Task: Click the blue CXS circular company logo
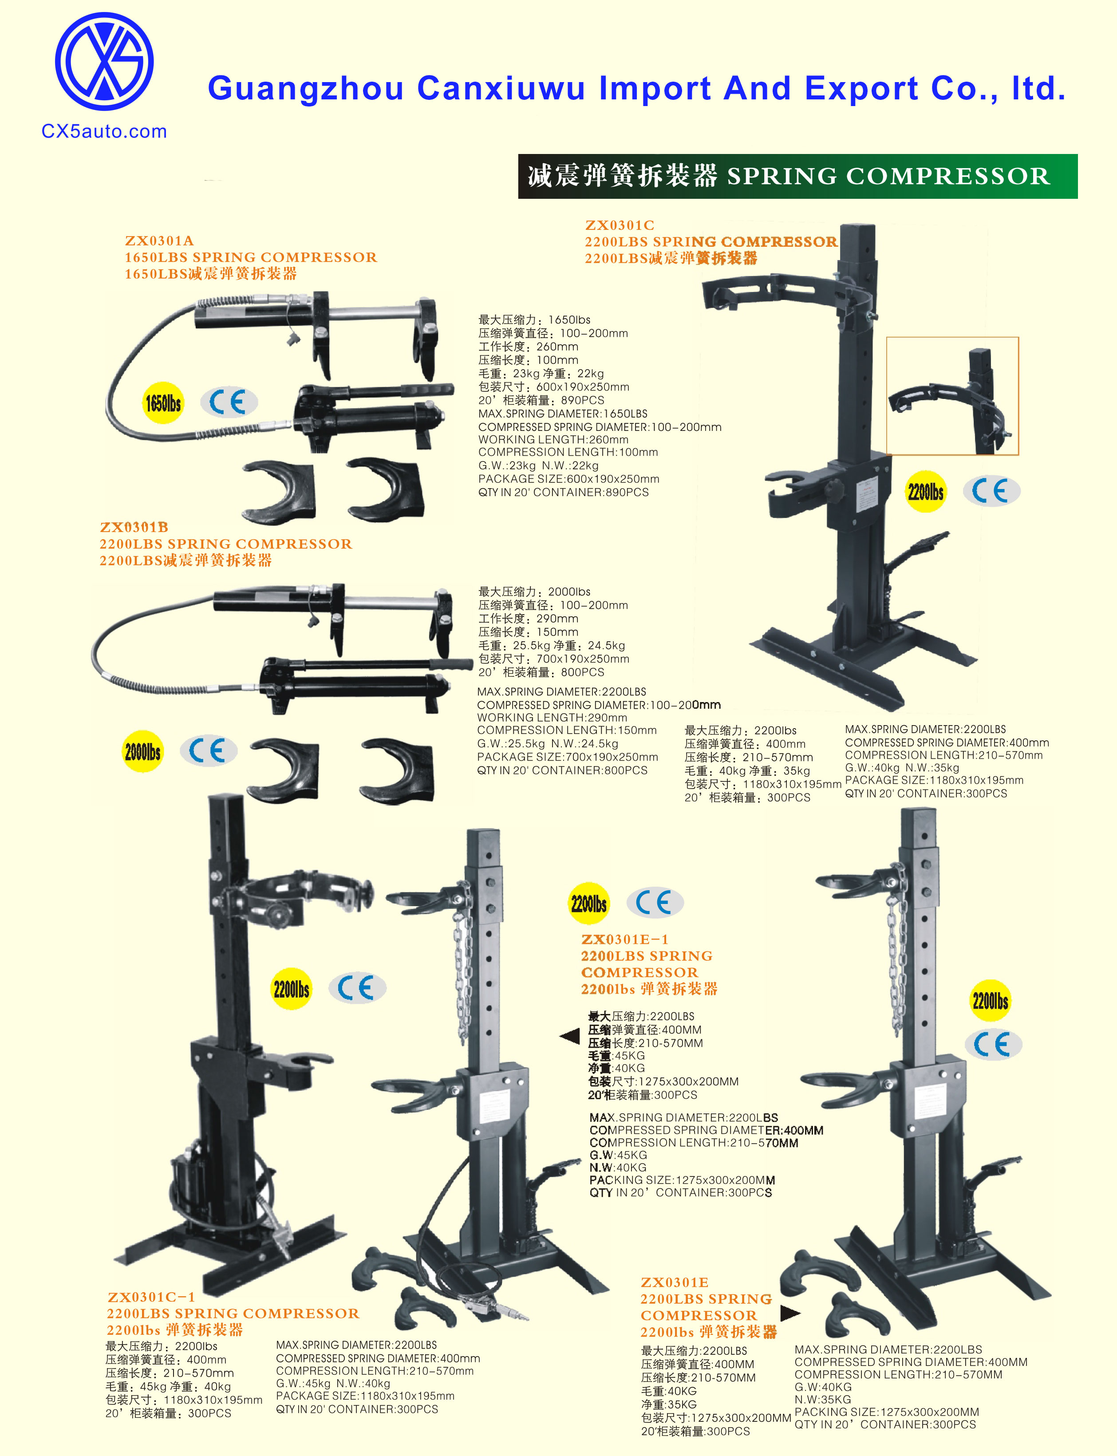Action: click(104, 61)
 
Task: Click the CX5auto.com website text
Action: click(104, 132)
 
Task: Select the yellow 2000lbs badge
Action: click(143, 751)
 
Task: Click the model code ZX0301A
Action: click(160, 241)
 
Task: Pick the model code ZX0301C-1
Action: click(152, 1297)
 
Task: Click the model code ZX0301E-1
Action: click(624, 939)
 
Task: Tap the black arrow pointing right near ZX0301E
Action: click(790, 1313)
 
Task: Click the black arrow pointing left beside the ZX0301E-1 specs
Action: click(570, 1036)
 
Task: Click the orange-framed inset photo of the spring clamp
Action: click(952, 396)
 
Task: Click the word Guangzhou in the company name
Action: click(306, 88)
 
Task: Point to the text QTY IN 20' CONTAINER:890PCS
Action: click(563, 493)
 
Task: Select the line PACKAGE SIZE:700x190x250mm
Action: click(567, 757)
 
